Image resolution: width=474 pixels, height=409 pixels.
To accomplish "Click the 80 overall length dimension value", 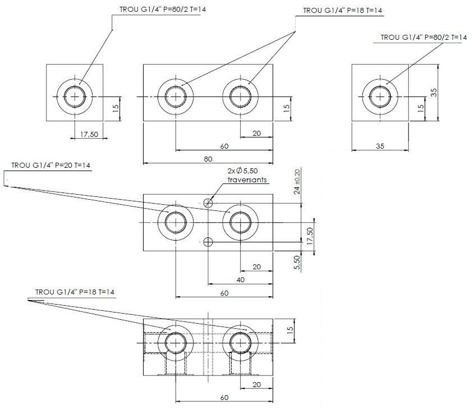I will tap(208, 159).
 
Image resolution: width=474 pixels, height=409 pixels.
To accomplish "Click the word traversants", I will tap(247, 180).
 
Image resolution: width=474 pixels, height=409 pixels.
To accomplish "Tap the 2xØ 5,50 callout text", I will tap(242, 171).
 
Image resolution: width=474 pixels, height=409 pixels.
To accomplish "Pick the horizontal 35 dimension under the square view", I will tap(380, 146).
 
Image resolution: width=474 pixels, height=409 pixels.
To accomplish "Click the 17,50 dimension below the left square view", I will tap(90, 134).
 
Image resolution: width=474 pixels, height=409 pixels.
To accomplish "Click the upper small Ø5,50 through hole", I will tap(208, 203).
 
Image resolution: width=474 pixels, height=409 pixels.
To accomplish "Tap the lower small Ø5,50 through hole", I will tap(208, 242).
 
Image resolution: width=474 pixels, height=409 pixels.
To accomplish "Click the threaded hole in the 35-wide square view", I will tap(380, 95).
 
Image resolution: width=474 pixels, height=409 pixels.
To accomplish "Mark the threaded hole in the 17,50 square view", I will tap(75, 95).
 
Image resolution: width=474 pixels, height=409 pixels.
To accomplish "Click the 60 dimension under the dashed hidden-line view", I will tap(224, 398).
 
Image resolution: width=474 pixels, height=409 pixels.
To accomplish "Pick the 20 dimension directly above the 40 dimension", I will tap(256, 267).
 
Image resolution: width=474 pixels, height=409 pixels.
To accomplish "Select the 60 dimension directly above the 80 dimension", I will tap(224, 146).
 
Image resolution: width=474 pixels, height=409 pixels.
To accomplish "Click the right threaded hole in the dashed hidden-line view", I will tap(241, 342).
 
